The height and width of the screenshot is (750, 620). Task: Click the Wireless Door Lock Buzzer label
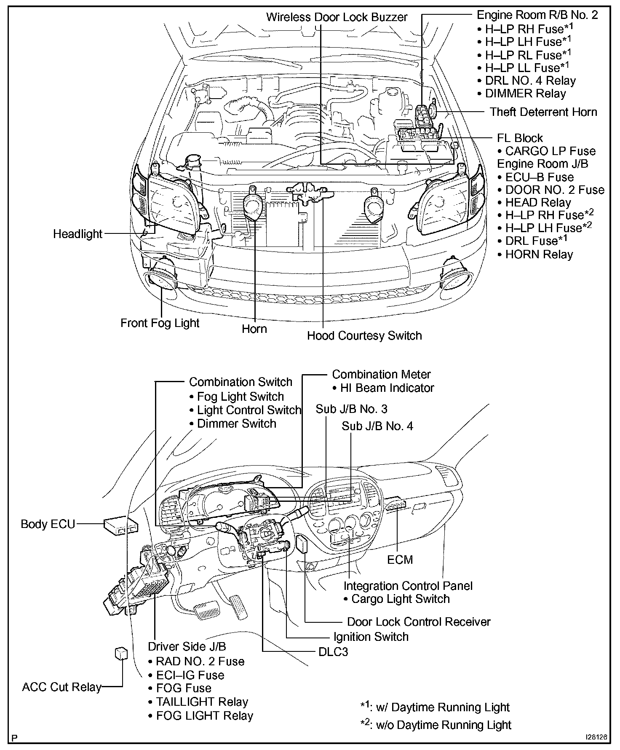coord(337,17)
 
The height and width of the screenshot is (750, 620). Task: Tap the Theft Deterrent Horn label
coord(543,112)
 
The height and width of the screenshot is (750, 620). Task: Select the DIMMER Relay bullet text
coord(525,94)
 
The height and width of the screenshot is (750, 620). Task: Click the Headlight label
coord(78,234)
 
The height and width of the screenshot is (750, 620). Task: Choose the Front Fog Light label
coord(160,323)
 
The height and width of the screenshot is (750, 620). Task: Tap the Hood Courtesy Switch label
coord(364,336)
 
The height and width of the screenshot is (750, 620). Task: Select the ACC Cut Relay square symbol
coord(121,653)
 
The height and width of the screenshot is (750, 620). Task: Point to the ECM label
coord(400,560)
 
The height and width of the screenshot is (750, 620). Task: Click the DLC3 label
coord(333,652)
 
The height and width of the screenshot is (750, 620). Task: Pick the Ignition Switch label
coord(371,637)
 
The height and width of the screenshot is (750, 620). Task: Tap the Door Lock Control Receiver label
coord(419,622)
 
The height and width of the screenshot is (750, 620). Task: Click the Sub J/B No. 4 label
coord(377,426)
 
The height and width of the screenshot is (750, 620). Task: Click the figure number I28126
coord(596,738)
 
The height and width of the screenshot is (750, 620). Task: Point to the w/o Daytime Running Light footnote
coord(436,725)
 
